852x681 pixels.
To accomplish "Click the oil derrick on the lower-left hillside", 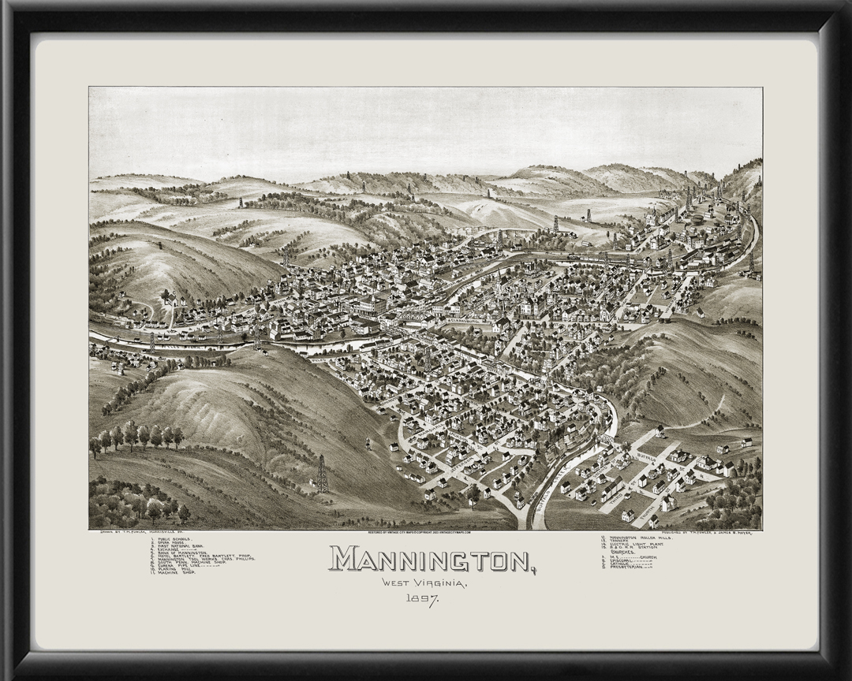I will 322,473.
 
